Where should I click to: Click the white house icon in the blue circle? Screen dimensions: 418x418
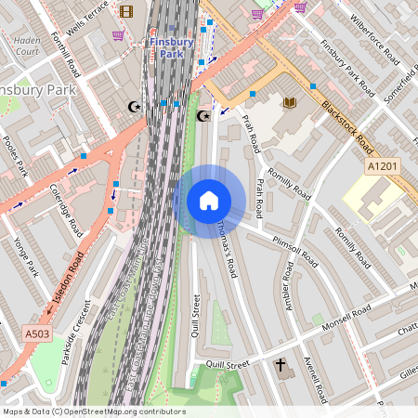pyautogui.click(x=208, y=201)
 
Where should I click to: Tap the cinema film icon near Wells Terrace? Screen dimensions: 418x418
pyautogui.click(x=126, y=11)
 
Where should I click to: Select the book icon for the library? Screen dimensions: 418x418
pyautogui.click(x=290, y=102)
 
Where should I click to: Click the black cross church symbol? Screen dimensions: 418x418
pyautogui.click(x=280, y=366)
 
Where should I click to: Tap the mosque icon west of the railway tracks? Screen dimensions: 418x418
pyautogui.click(x=135, y=107)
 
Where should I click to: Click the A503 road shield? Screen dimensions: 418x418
pyautogui.click(x=37, y=332)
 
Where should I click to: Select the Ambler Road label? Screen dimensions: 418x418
pyautogui.click(x=288, y=285)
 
